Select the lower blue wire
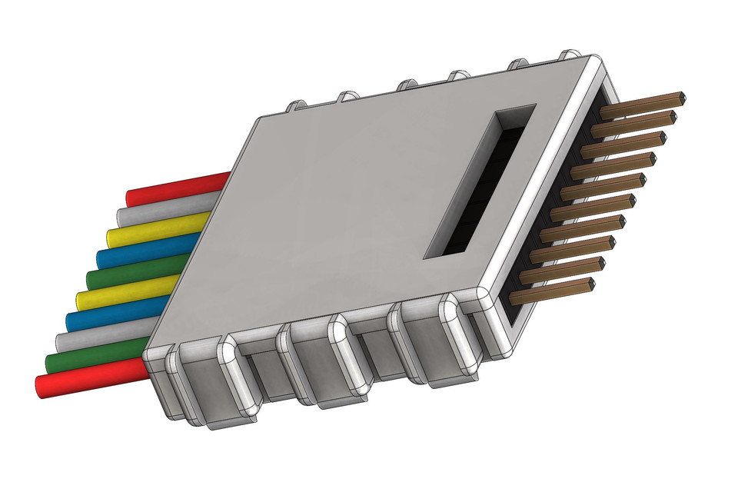(115, 317)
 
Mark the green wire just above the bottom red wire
(96, 358)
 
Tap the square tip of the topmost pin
(680, 98)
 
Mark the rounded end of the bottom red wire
(43, 387)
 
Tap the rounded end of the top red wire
(131, 198)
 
